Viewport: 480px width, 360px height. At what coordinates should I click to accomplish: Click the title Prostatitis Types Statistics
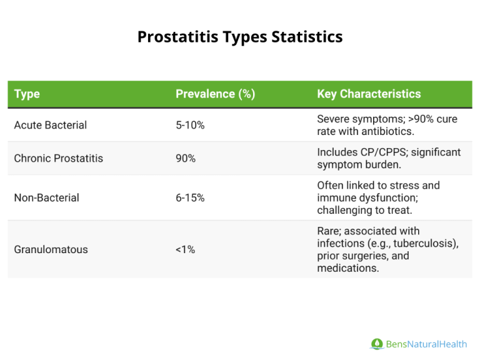click(240, 37)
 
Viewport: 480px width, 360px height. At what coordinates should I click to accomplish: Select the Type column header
click(27, 94)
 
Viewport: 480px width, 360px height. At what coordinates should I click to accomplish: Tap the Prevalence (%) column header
click(215, 94)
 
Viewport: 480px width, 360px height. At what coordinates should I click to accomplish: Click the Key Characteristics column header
click(369, 94)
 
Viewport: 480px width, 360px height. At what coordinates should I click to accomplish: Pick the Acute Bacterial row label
click(50, 125)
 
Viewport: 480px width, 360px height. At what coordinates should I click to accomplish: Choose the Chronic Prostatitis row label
click(58, 158)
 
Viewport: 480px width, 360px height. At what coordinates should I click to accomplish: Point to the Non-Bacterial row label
click(46, 197)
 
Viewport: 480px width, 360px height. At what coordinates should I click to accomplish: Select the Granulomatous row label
click(51, 249)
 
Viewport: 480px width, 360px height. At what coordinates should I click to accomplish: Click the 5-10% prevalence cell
click(190, 125)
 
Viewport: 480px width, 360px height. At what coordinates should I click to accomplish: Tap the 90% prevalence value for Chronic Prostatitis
click(186, 158)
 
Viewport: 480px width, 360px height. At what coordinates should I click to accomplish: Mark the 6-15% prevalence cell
click(190, 197)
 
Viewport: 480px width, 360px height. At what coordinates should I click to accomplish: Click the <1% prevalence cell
click(186, 249)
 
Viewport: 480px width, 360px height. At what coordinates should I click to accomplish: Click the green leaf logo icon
click(377, 344)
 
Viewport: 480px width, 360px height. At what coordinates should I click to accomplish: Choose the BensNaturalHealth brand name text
click(426, 344)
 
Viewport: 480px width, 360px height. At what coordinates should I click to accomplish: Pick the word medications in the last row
click(347, 267)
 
